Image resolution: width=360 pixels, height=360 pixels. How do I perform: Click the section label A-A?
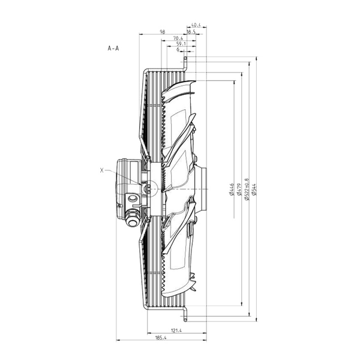(113, 48)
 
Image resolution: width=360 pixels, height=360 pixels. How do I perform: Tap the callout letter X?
(102, 170)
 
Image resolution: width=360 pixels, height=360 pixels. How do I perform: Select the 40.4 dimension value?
(196, 25)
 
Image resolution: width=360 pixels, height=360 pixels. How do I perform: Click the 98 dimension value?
(163, 32)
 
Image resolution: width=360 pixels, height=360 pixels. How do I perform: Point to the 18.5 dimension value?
(191, 32)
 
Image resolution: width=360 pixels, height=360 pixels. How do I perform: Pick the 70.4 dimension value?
(178, 38)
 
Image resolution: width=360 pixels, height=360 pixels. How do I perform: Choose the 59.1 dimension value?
(181, 44)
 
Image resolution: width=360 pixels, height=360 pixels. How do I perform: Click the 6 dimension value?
(178, 49)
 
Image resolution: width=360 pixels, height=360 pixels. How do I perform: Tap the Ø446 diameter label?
(232, 190)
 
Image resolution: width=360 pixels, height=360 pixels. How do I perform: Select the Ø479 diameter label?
(239, 190)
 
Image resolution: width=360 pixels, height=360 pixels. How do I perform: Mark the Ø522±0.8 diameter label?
(247, 190)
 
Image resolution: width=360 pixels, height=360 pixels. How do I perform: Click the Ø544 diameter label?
(254, 190)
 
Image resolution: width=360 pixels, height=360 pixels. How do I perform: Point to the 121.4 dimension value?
(176, 331)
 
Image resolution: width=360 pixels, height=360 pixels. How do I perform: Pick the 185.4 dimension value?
(161, 337)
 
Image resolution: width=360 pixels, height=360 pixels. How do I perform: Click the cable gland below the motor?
(133, 218)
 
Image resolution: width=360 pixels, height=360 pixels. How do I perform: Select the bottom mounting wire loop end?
(185, 320)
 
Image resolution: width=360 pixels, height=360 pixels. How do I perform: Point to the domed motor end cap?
(122, 190)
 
